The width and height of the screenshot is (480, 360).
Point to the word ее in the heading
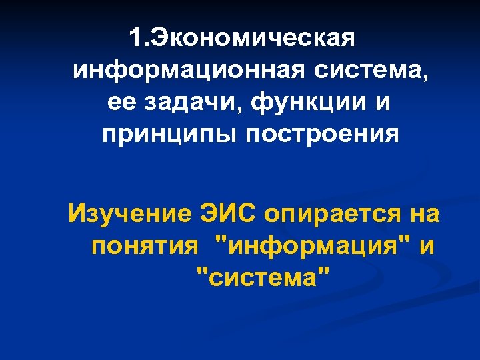[119, 103]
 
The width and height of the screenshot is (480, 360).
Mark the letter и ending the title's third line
[380, 104]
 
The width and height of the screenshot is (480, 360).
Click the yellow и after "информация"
[427, 247]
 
